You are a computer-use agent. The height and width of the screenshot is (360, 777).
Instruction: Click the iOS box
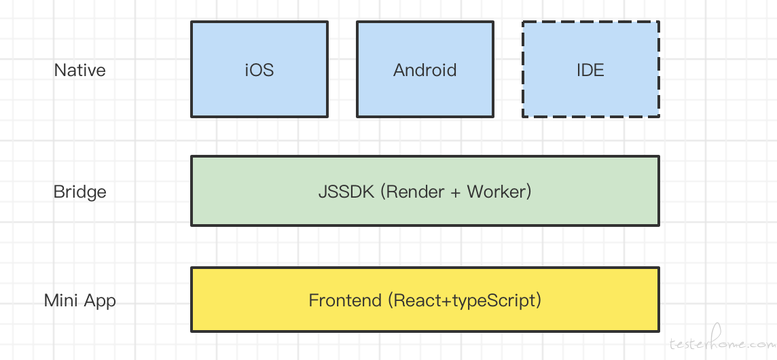259,69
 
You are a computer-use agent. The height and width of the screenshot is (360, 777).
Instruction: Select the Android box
425,69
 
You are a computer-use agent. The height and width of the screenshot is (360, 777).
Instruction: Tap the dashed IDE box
591,69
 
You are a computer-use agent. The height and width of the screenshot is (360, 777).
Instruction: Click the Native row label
79,70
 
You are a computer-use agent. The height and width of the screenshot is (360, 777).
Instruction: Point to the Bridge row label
79,192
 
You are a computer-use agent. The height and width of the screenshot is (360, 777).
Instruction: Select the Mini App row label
79,300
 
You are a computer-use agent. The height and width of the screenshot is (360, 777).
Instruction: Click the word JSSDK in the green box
346,192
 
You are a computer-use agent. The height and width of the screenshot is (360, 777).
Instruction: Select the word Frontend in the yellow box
346,300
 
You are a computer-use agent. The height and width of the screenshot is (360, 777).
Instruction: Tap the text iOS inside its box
259,70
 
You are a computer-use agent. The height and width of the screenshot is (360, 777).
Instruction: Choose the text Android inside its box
424,70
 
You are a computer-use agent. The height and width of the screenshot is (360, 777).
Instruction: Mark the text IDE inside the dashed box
590,70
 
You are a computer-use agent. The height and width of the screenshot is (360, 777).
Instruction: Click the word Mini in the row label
59,300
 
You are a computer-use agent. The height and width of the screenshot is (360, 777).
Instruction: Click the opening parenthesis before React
391,301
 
